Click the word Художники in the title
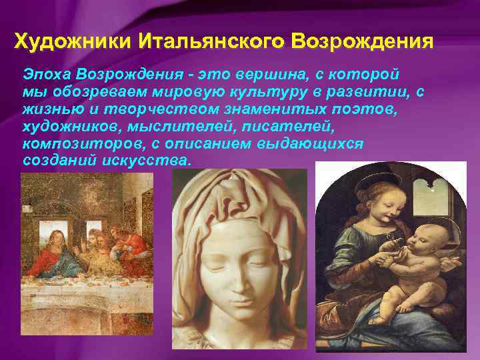pos(74,41)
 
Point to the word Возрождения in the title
pos(364,41)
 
